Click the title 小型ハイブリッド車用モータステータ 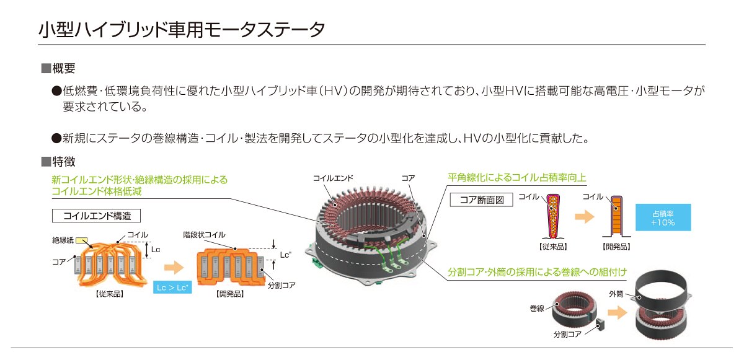click(x=182, y=30)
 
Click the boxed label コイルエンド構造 click(x=96, y=216)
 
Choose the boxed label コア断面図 click(x=481, y=200)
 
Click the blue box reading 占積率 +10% click(x=663, y=217)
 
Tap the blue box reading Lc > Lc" click(x=172, y=288)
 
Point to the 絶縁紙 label click(x=63, y=240)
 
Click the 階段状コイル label click(x=204, y=235)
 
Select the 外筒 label click(x=616, y=294)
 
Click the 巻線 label click(x=537, y=308)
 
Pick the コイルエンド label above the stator click(x=333, y=178)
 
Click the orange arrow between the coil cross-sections click(x=584, y=217)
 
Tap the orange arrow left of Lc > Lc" click(x=174, y=268)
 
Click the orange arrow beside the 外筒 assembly click(x=617, y=312)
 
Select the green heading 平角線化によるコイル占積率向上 click(x=516, y=178)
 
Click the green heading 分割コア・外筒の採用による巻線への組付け click(x=537, y=272)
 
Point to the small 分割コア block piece click(x=600, y=324)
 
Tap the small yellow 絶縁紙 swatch click(x=82, y=240)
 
